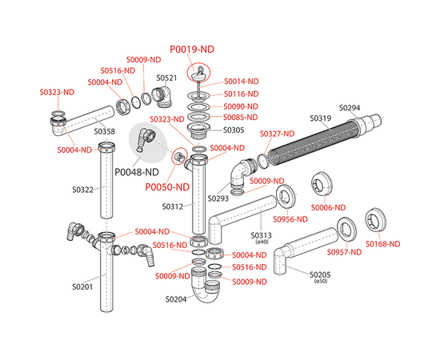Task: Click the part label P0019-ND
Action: [x=192, y=50]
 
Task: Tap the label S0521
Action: [x=166, y=78]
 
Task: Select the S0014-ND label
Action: [x=242, y=82]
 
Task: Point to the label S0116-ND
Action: [x=242, y=94]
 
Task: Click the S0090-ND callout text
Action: [x=241, y=106]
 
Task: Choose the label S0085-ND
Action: [x=241, y=118]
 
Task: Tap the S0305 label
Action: [x=234, y=130]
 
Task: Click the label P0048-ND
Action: [x=137, y=172]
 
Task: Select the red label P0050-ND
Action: [x=167, y=187]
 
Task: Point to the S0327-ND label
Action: [x=278, y=134]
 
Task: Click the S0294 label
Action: [x=350, y=108]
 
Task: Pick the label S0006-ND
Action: [x=328, y=208]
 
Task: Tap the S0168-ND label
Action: [x=382, y=244]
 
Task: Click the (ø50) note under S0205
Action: [x=321, y=281]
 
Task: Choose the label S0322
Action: [x=82, y=190]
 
